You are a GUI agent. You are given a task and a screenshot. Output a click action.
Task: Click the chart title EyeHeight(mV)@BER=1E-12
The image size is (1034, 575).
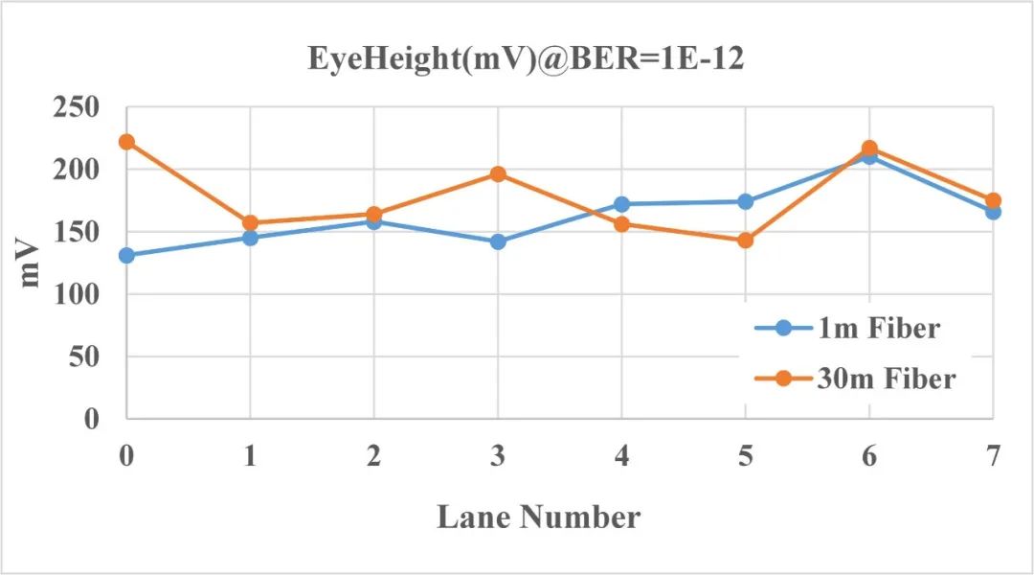point(526,59)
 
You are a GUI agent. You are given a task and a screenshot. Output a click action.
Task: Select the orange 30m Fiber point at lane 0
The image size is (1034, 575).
point(126,142)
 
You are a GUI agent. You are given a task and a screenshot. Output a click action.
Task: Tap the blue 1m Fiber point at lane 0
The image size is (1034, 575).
point(126,256)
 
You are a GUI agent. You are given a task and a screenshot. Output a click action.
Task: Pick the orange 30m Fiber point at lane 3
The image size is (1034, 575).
point(498,174)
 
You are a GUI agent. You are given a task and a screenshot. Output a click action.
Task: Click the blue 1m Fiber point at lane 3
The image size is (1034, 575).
point(498,241)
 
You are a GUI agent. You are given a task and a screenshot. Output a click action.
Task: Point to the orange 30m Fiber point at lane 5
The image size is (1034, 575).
point(745,241)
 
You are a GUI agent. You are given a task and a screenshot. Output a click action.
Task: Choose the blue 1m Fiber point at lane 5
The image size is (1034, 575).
point(745,201)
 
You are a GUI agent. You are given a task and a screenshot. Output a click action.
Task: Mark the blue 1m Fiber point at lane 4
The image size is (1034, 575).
point(621,204)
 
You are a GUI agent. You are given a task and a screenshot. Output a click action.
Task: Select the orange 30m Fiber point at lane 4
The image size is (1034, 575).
point(621,224)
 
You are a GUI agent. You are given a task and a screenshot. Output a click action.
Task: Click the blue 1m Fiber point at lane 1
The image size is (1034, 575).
point(250,238)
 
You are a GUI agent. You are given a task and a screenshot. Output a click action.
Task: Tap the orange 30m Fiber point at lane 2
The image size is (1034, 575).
point(373,215)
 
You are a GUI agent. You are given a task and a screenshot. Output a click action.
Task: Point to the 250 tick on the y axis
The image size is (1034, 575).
point(77,108)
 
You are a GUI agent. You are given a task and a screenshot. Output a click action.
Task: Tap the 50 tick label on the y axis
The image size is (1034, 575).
point(85,357)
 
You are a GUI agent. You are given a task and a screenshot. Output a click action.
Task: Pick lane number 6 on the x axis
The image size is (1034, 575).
point(869,456)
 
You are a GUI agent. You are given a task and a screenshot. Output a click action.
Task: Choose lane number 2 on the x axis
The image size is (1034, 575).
point(373,456)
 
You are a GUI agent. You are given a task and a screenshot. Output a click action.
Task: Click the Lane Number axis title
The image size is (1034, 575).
point(539,517)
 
